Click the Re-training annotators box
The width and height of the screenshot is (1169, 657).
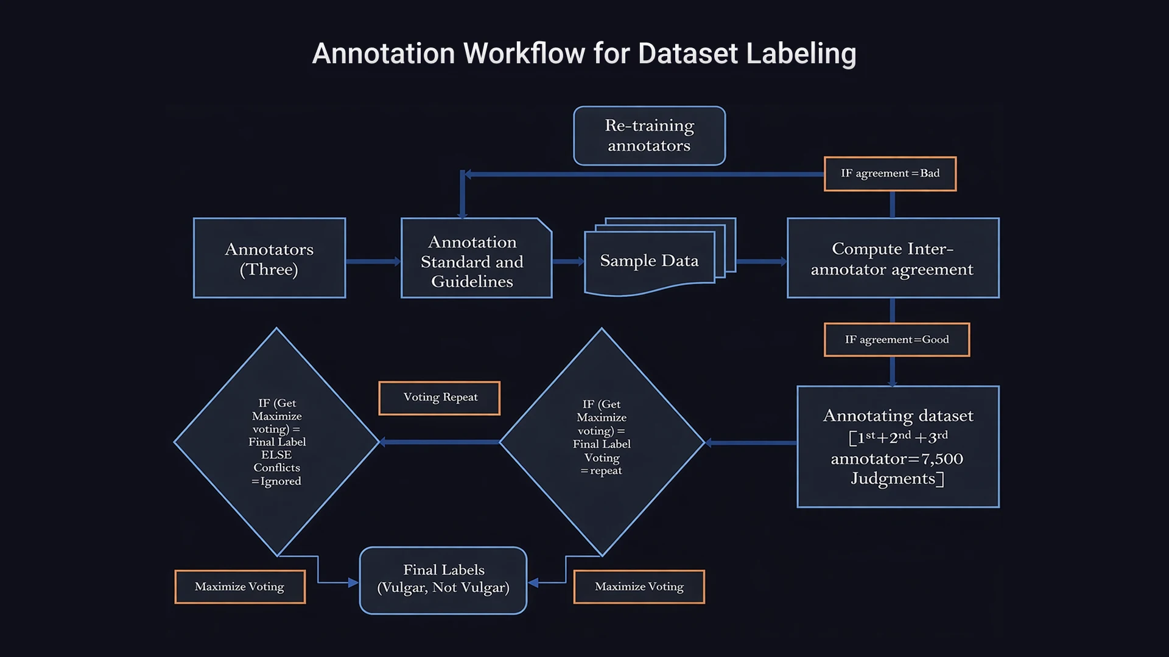(x=649, y=136)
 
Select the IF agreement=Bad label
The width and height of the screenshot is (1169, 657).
(x=890, y=174)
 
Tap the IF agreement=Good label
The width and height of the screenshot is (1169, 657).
(x=896, y=339)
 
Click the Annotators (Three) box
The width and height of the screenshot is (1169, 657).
(x=269, y=258)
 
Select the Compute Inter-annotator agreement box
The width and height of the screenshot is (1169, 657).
(x=893, y=258)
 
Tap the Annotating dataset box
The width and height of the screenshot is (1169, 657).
(x=897, y=447)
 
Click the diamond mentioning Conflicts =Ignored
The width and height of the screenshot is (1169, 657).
(x=277, y=442)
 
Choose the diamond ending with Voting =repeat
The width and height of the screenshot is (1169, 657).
(x=602, y=442)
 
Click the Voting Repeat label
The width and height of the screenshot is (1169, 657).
(x=440, y=398)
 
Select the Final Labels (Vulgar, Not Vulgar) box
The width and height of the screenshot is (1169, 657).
(x=443, y=580)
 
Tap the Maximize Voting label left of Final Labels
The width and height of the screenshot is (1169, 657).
(x=240, y=586)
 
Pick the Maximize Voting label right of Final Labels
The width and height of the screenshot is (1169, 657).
(x=639, y=586)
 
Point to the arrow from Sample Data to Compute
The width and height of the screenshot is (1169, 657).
(x=761, y=262)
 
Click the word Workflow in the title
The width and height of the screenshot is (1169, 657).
(x=524, y=54)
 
